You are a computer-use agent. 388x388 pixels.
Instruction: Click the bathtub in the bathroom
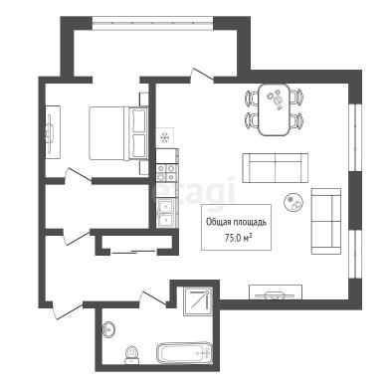click(184, 353)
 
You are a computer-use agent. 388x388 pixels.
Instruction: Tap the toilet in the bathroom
click(132, 355)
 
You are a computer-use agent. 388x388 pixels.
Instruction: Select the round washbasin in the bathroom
click(108, 330)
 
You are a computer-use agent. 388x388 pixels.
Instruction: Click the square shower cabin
click(198, 301)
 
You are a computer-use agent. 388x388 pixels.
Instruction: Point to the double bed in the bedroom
click(118, 133)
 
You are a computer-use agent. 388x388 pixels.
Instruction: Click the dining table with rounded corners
click(275, 109)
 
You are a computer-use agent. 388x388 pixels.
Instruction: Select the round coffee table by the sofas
click(294, 202)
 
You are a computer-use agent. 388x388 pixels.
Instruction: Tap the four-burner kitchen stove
click(166, 172)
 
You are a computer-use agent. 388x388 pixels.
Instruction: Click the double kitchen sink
click(166, 214)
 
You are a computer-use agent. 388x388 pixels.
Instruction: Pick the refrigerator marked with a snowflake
click(165, 137)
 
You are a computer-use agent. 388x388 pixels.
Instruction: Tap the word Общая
click(218, 222)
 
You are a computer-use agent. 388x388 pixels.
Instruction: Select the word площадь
click(249, 222)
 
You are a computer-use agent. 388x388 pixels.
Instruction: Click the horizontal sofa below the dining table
click(275, 168)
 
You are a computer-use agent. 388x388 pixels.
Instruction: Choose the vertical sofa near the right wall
click(326, 221)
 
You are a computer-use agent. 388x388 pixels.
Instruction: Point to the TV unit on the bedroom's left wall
click(53, 132)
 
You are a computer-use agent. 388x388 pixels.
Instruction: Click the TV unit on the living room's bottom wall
click(276, 292)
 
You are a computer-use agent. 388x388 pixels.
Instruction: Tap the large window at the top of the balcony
click(152, 23)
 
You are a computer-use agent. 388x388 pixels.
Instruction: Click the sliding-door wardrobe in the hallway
click(134, 245)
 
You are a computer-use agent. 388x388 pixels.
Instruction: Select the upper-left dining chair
click(252, 97)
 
